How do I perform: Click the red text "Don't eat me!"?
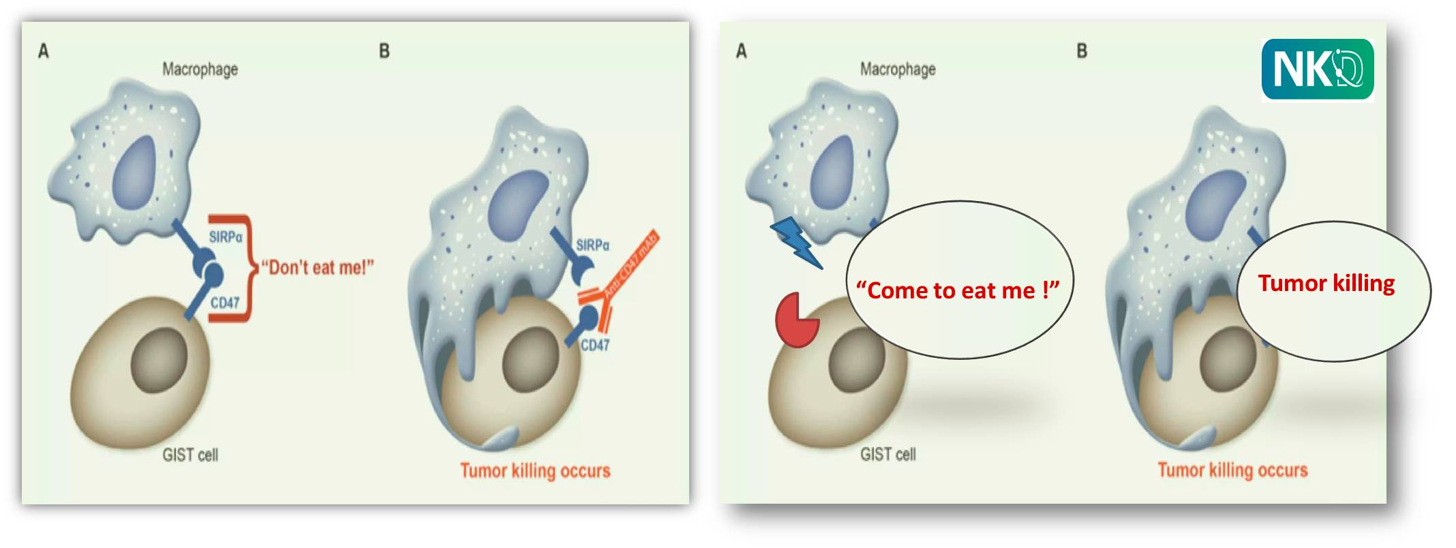click(318, 267)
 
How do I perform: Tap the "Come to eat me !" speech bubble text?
click(958, 290)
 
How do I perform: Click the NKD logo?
click(1317, 70)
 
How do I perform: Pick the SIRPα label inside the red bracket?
click(226, 237)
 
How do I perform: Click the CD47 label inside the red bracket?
click(224, 303)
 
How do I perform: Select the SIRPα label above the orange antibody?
click(592, 245)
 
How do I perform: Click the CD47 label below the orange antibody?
click(594, 345)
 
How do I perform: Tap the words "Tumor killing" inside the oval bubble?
click(1326, 283)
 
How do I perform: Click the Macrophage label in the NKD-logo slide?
click(898, 70)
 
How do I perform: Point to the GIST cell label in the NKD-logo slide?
click(888, 455)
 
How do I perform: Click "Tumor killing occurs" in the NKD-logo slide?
click(1232, 470)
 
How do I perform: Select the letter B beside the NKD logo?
click(1082, 51)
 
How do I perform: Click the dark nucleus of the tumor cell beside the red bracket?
click(159, 359)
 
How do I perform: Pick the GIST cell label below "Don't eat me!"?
click(190, 455)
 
